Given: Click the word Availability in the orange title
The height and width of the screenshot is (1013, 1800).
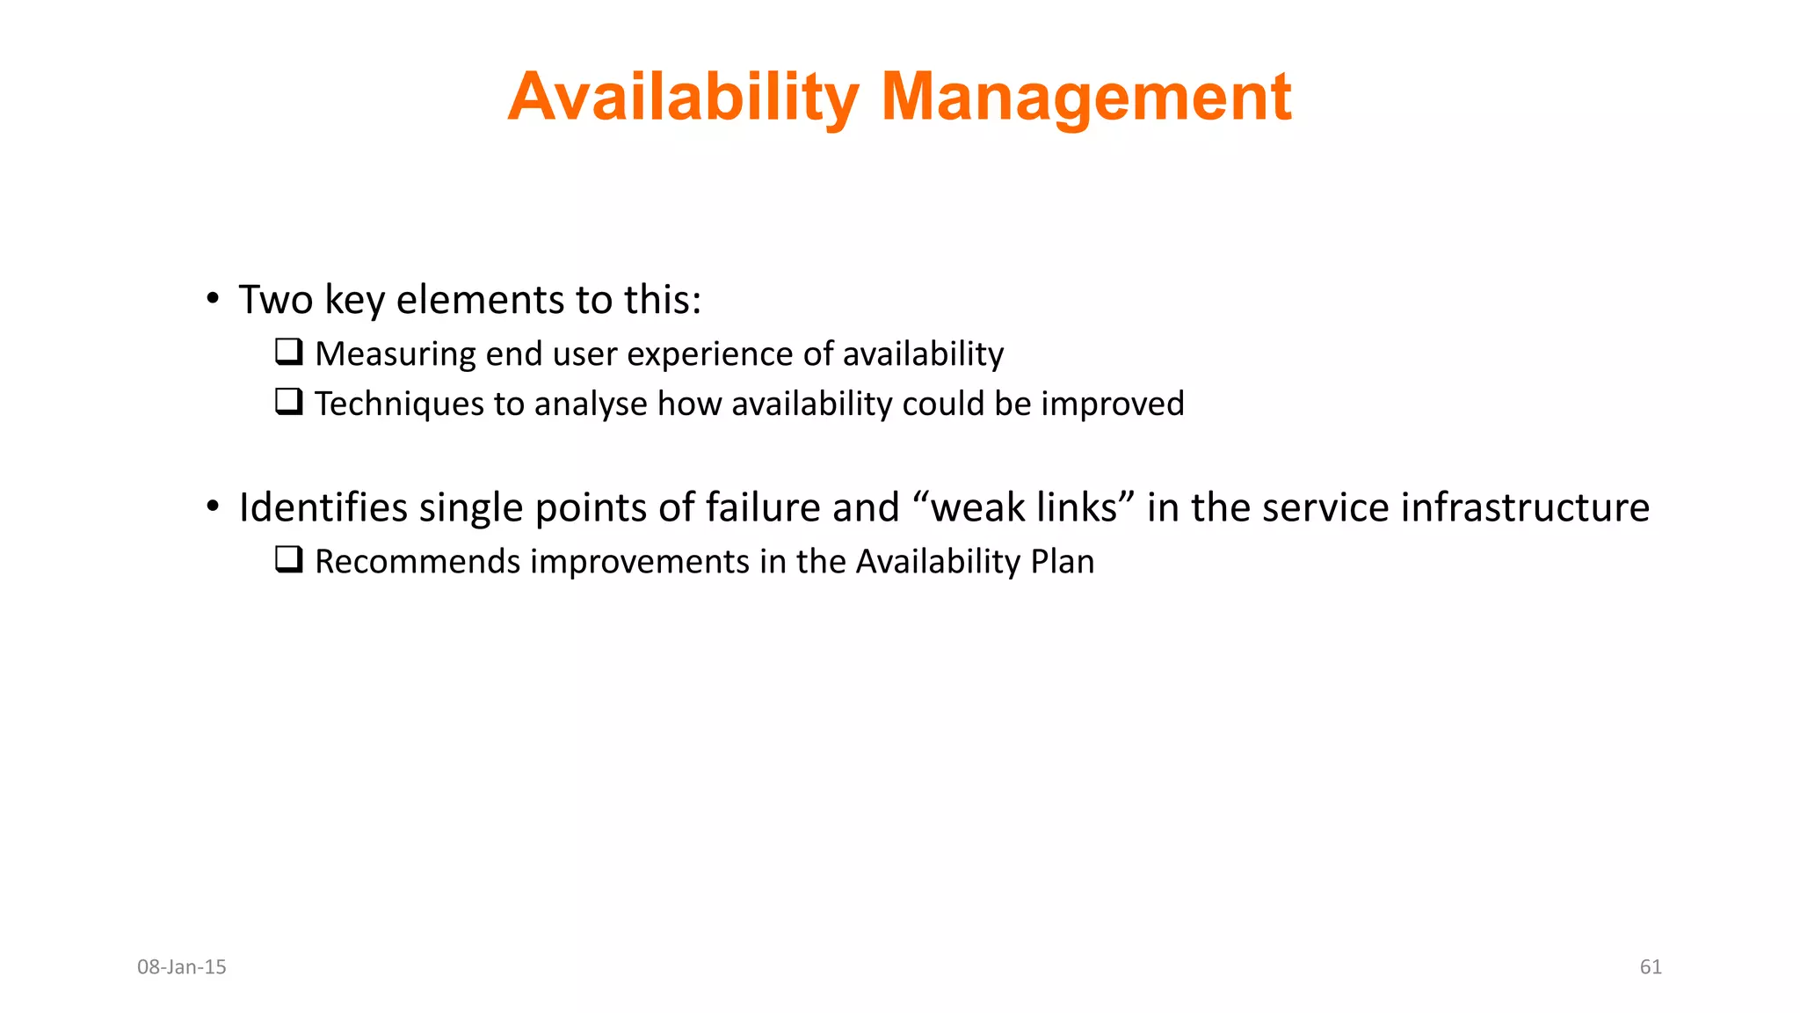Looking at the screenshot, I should pos(684,97).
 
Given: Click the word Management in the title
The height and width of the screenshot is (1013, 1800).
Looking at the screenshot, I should pos(1085,97).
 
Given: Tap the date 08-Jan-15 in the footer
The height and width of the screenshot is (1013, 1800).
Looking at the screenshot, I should pos(182,967).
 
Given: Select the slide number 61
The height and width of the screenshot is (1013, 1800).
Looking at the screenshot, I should pos(1651,967).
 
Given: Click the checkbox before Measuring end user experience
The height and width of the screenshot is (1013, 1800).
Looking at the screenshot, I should pos(289,353).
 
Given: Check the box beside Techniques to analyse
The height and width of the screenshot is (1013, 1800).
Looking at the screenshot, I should pos(289,403).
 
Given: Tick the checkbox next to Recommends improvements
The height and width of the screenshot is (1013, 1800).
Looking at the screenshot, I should pos(289,560).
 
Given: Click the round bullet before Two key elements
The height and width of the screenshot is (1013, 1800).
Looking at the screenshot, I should pos(213,300).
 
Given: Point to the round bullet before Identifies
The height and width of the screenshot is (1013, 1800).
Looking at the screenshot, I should pos(213,507).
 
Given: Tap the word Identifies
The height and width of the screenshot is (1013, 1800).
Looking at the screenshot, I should pos(323,508).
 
